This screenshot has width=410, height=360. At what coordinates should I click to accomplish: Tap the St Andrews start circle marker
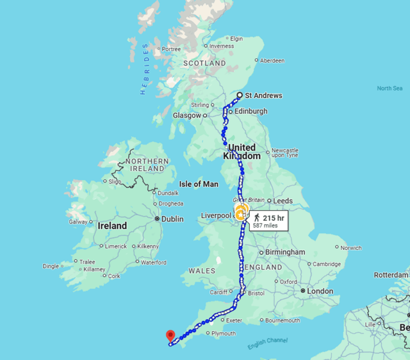[x=240, y=96]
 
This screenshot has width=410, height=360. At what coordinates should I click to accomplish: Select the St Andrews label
[x=263, y=96]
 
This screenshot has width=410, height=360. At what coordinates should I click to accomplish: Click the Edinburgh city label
[x=251, y=111]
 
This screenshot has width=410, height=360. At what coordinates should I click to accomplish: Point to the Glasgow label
[x=187, y=115]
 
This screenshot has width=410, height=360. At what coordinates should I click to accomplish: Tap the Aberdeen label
[x=272, y=61]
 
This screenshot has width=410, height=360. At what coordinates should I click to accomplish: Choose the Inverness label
[x=221, y=46]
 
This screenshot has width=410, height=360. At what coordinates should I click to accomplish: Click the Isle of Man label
[x=199, y=184]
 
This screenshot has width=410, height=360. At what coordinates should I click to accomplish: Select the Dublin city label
[x=172, y=219]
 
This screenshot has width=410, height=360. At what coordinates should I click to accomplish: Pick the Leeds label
[x=283, y=201]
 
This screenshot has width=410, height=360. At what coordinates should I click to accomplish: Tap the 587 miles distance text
[x=265, y=225]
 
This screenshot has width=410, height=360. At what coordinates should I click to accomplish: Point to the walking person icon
[x=257, y=218]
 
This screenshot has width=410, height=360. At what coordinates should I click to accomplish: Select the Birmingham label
[x=285, y=252]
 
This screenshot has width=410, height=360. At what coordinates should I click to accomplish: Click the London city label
[x=320, y=291]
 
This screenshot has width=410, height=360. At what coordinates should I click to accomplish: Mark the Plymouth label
[x=223, y=333]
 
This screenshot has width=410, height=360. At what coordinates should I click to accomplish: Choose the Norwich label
[x=351, y=248]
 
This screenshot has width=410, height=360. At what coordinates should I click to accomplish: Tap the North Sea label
[x=389, y=88]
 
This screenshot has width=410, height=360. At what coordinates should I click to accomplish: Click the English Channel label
[x=267, y=343]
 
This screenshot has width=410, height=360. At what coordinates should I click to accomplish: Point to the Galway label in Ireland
[x=78, y=222]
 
